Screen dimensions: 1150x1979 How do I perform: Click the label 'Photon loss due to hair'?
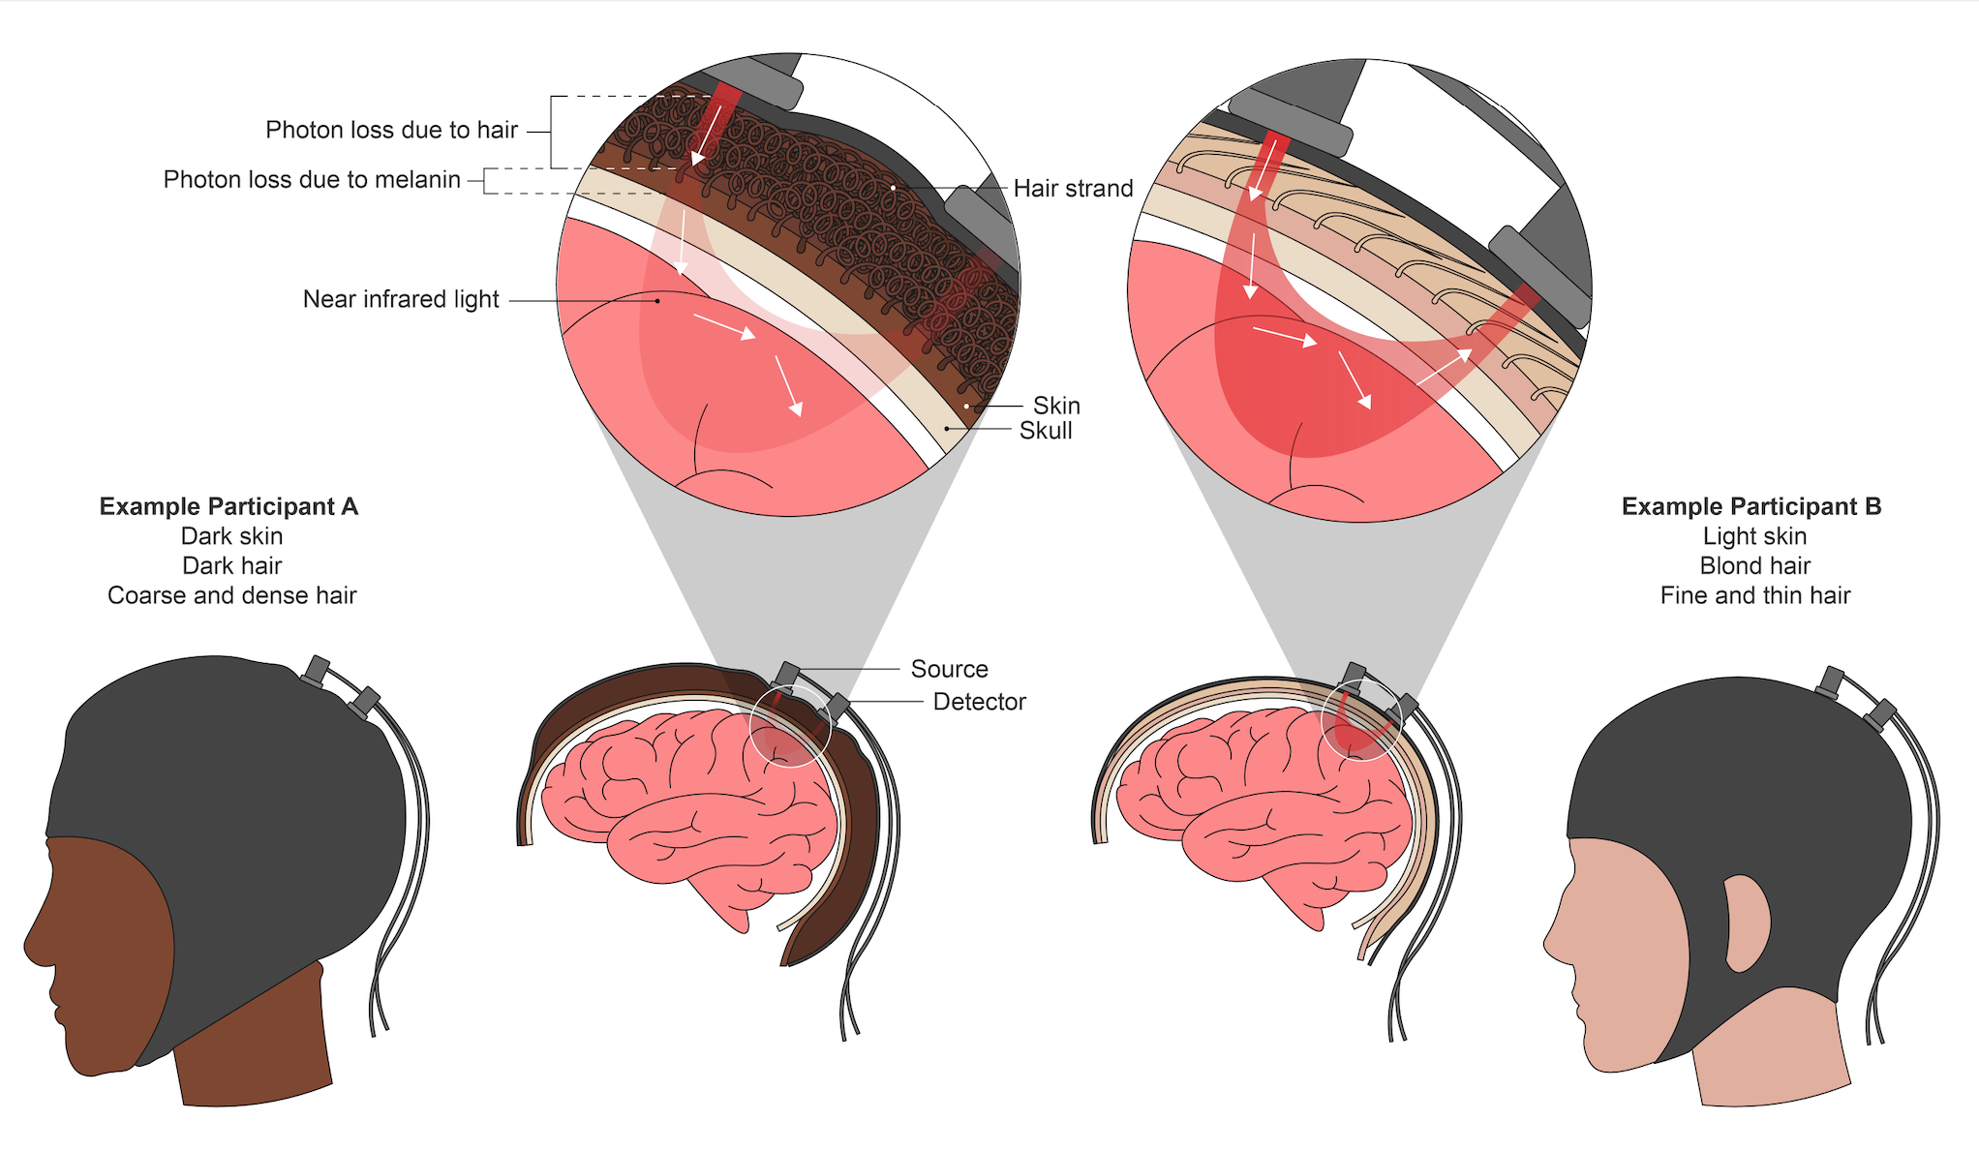pos(391,130)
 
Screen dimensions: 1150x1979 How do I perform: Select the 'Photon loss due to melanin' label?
pos(311,179)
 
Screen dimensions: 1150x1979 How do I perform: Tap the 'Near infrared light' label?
pos(401,299)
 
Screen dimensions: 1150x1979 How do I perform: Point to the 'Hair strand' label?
pos(1073,188)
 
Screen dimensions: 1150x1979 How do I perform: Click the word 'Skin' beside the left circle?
pos(1056,405)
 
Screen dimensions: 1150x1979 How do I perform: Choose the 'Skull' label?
pos(1046,431)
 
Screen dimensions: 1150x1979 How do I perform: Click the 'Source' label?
pos(949,669)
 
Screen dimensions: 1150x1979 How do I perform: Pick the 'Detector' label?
pos(979,702)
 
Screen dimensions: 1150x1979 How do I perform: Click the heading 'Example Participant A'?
pos(228,506)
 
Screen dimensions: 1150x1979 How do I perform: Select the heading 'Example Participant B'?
pos(1751,506)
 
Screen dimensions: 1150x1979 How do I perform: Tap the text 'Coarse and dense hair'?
pos(231,595)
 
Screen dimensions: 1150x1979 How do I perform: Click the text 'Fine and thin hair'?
pos(1754,595)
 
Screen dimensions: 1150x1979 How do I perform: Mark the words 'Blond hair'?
pos(1754,565)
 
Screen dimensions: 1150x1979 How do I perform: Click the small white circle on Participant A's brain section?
pos(790,726)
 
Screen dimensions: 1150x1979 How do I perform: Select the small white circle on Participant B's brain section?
pos(1361,720)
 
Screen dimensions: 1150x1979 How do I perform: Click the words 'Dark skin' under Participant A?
pos(231,536)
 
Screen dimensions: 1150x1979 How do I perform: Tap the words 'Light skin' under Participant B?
pos(1754,536)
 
